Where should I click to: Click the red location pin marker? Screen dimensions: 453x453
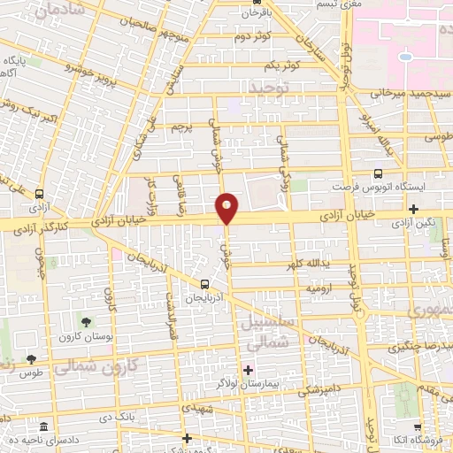(x=227, y=208)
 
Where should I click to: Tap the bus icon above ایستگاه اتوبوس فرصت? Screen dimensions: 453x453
(x=379, y=173)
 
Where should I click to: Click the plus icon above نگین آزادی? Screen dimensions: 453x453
(x=414, y=209)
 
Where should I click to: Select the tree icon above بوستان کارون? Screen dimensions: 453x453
(x=86, y=323)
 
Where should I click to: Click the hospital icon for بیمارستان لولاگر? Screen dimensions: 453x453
(x=248, y=369)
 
